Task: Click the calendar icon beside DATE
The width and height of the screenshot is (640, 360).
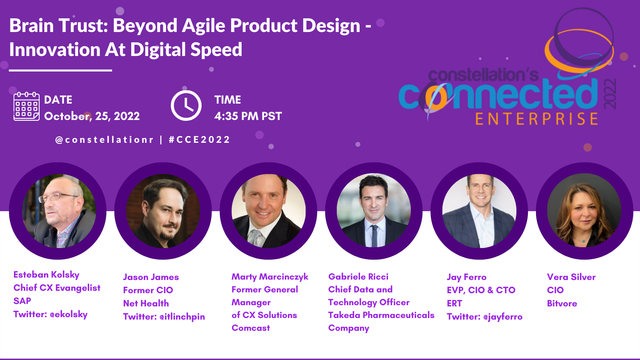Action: tap(26, 106)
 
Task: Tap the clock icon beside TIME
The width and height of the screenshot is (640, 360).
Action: tap(186, 106)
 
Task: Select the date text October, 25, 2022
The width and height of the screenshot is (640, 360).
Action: tap(92, 116)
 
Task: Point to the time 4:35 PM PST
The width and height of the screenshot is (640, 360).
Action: tap(248, 116)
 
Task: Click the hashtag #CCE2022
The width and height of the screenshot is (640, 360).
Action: tap(200, 140)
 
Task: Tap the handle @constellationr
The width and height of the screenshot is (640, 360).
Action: tap(104, 140)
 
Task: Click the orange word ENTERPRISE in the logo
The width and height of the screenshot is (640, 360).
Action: tap(536, 119)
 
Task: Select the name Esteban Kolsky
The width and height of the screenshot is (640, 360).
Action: tap(46, 274)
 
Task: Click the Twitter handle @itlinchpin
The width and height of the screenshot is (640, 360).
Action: tap(182, 316)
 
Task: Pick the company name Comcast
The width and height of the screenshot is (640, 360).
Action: tap(250, 328)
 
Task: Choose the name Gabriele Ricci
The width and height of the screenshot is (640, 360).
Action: tap(358, 276)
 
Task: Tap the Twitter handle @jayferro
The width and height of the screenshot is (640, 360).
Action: tap(503, 316)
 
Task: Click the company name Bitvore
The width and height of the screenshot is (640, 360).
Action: tap(562, 303)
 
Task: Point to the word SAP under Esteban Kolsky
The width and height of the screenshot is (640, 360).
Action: tap(22, 301)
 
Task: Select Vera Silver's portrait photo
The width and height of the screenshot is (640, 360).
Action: tap(584, 210)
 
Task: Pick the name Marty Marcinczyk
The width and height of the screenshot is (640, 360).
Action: tap(270, 276)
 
